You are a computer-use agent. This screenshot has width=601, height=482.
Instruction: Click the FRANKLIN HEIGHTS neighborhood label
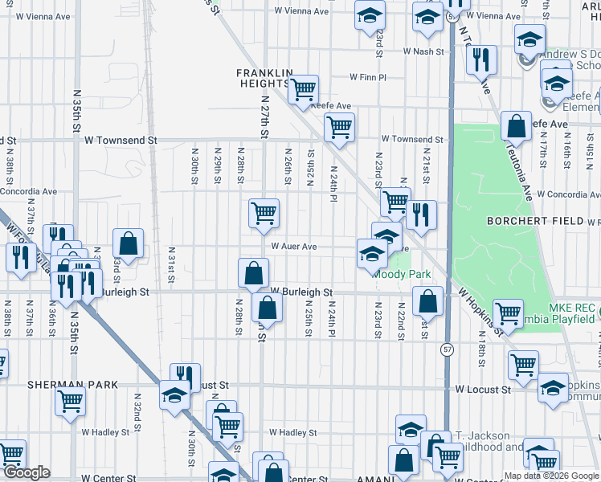pyautogui.click(x=262, y=78)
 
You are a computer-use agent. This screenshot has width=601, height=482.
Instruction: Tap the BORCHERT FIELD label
pyautogui.click(x=536, y=220)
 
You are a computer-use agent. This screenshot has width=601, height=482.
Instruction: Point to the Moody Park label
pyautogui.click(x=403, y=275)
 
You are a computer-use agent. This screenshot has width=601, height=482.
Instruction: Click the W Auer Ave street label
pyautogui.click(x=294, y=247)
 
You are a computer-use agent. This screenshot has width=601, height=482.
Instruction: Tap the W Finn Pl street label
pyautogui.click(x=368, y=78)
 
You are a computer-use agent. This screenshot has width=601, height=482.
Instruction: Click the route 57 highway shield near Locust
pyautogui.click(x=447, y=350)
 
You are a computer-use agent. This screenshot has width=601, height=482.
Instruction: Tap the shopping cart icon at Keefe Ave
pyautogui.click(x=303, y=90)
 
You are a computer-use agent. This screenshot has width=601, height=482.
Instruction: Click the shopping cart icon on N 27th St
pyautogui.click(x=264, y=213)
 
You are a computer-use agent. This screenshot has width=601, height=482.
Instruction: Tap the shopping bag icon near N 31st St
pyautogui.click(x=129, y=243)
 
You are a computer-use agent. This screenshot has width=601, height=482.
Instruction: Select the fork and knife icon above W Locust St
pyautogui.click(x=185, y=376)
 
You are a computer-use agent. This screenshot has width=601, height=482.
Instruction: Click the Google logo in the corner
pyautogui.click(x=27, y=472)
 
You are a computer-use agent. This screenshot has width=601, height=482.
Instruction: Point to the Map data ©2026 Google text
pyautogui.click(x=550, y=476)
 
